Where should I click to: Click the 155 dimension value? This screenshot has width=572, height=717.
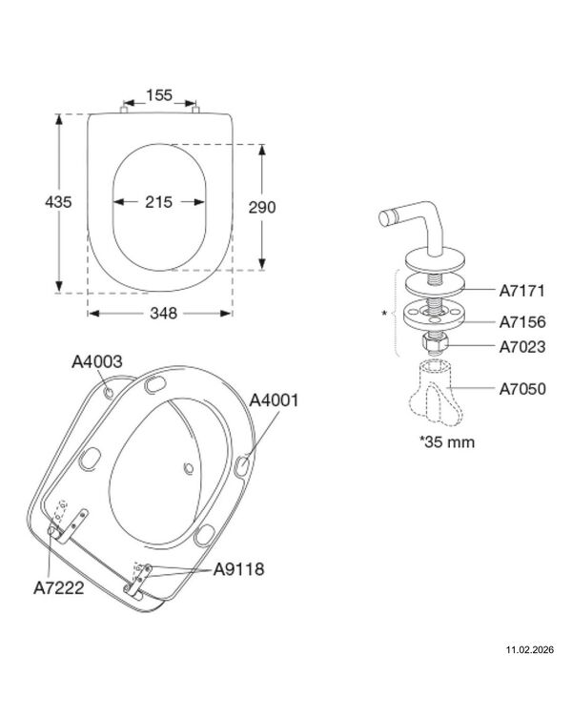pos(159,95)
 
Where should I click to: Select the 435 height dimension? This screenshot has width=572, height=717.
pos(58,202)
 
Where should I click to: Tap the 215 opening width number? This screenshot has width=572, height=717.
pos(158,202)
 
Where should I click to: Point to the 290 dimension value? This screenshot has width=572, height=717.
pos(262,207)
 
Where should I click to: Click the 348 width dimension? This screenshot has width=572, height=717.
pos(163,314)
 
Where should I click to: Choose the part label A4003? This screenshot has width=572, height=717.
pos(97,361)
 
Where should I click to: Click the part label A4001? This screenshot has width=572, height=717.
pos(274,400)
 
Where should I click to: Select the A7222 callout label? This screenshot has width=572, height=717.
pos(59,587)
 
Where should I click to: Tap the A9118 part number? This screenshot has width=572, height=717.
pos(238,569)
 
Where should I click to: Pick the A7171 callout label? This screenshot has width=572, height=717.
pos(521,291)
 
